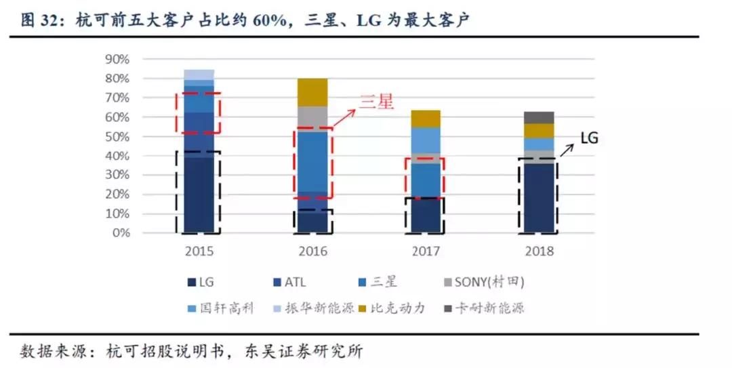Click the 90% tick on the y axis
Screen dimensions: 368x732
tap(117, 59)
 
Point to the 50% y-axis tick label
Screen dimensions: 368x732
tap(117, 136)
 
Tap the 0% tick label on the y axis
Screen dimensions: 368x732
tap(119, 233)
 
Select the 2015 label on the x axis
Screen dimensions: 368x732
tap(199, 251)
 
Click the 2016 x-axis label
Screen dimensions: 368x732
tap(312, 251)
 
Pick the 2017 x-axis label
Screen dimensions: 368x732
tap(425, 251)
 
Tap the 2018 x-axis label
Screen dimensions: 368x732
tap(539, 251)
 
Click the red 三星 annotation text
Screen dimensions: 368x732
tap(375, 102)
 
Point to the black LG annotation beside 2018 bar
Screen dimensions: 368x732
tap(589, 138)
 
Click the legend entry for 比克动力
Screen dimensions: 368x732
tap(401, 308)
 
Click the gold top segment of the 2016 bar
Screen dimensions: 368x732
tap(312, 92)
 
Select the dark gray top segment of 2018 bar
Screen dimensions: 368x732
tap(539, 117)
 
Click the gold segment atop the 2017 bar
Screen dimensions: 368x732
tap(425, 119)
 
